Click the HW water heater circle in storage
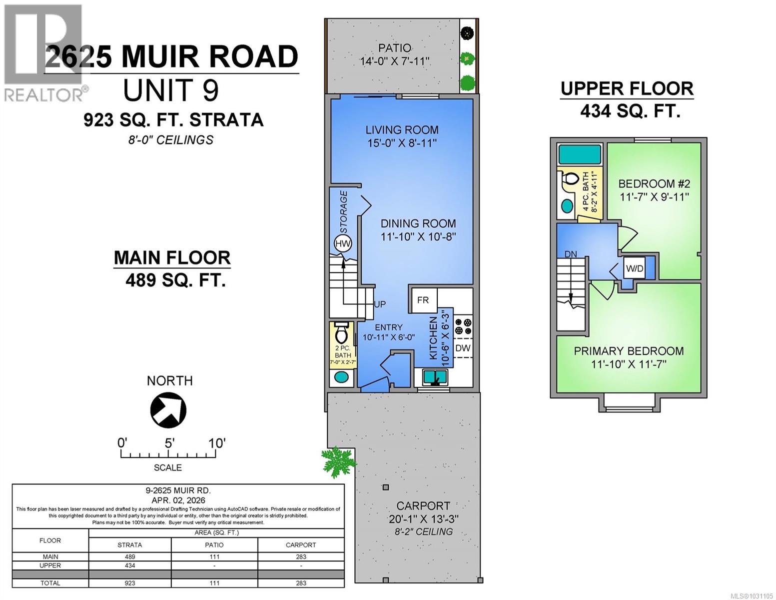coord(343,244)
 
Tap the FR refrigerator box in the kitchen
coord(423,300)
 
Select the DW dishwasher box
coord(463,348)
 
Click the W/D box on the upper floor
coord(635,268)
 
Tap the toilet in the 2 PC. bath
coord(342,332)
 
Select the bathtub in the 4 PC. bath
coord(580,154)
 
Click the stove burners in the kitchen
coord(463,326)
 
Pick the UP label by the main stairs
coord(380,304)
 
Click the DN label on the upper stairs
coord(571,254)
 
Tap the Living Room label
coord(402,130)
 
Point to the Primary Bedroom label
coord(629,351)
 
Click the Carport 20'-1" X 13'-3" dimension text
coord(423,519)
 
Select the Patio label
coord(395,48)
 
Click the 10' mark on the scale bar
coord(217,443)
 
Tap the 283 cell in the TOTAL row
coord(301,583)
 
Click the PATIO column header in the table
coord(214,544)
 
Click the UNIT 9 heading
coord(170,90)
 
